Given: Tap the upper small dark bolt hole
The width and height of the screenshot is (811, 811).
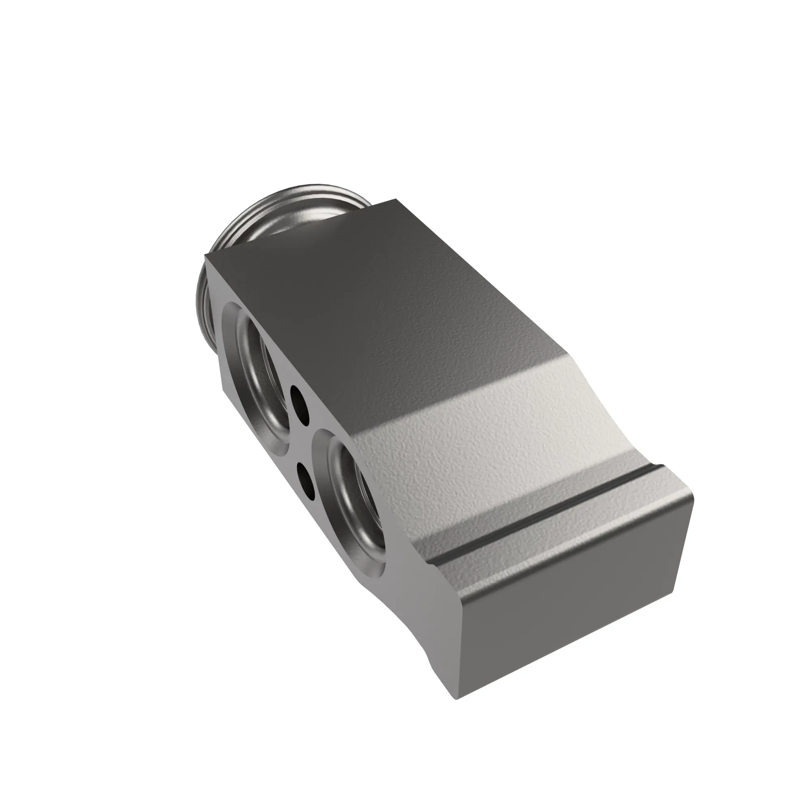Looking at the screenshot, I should coord(299,401).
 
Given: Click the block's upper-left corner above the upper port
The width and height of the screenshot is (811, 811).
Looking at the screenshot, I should coord(206,255).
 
